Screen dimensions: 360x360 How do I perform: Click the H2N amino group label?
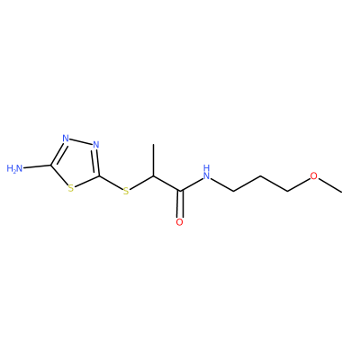click(x=14, y=168)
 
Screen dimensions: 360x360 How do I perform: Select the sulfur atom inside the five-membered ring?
click(x=71, y=188)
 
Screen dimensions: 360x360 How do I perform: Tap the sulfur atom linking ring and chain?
click(x=126, y=191)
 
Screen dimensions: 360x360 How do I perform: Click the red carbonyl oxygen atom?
click(x=179, y=222)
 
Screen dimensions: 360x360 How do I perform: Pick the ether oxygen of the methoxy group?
click(x=313, y=175)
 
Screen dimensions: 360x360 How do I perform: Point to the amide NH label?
click(x=206, y=172)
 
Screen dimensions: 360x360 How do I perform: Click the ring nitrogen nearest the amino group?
click(x=66, y=139)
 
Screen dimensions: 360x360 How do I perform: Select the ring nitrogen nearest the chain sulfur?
click(x=96, y=145)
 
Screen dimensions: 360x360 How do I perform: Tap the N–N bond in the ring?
click(x=81, y=141)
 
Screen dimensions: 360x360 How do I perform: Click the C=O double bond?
click(x=180, y=204)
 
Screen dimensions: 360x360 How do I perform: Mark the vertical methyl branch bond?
click(x=153, y=160)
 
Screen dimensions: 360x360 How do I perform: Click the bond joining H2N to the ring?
click(x=37, y=166)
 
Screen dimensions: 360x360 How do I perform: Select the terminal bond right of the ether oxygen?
click(x=329, y=184)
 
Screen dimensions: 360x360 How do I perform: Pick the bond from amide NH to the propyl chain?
click(x=222, y=184)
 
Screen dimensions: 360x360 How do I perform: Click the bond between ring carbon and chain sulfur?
click(x=111, y=182)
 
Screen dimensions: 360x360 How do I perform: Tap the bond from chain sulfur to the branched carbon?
click(x=141, y=183)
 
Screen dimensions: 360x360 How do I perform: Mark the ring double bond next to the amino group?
click(x=58, y=154)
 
